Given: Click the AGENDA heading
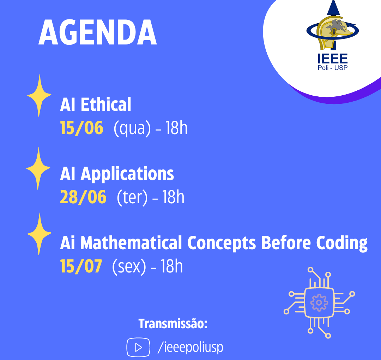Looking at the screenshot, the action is (x=98, y=32).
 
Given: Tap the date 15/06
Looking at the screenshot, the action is (x=81, y=128).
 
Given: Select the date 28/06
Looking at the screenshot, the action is (x=83, y=197).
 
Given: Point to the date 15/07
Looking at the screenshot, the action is (x=81, y=266).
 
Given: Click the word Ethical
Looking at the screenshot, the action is (x=106, y=104).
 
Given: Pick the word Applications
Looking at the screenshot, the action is (x=127, y=174).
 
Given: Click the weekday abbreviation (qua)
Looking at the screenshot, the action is (x=132, y=128).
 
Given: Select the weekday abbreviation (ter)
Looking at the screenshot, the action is (x=132, y=197).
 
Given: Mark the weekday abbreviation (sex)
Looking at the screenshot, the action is (x=129, y=267).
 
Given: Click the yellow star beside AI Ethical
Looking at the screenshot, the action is (x=39, y=96).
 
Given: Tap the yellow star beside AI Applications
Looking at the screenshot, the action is (x=38, y=168).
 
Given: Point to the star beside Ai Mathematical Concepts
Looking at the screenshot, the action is (x=39, y=234).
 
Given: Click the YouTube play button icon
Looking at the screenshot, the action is (x=138, y=347).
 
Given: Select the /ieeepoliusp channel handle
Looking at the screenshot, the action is (x=190, y=347).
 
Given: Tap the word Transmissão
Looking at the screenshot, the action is (x=173, y=324).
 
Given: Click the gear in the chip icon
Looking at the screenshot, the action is (x=319, y=302).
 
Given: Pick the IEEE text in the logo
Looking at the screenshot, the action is (x=332, y=59).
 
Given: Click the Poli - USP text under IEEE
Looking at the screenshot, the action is (x=333, y=67).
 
